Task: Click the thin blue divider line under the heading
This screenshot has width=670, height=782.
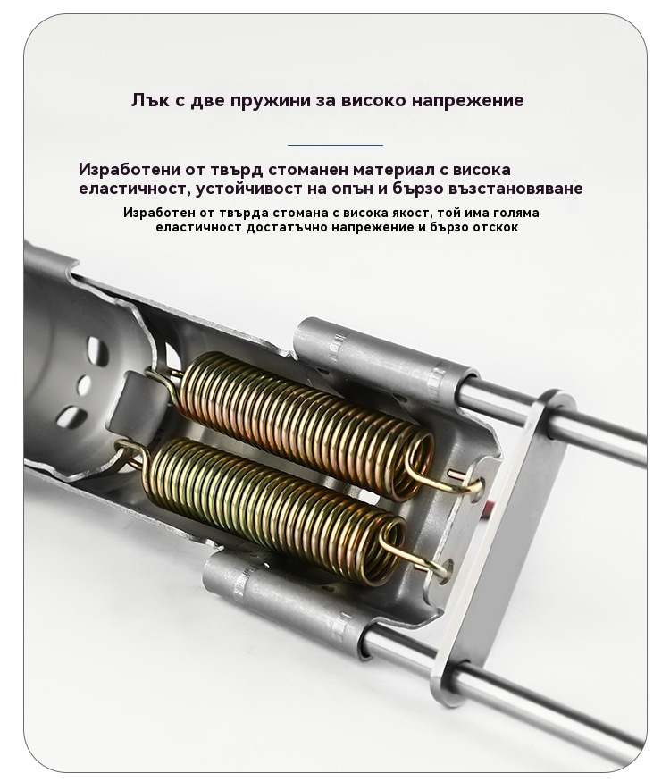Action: click(x=335, y=145)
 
